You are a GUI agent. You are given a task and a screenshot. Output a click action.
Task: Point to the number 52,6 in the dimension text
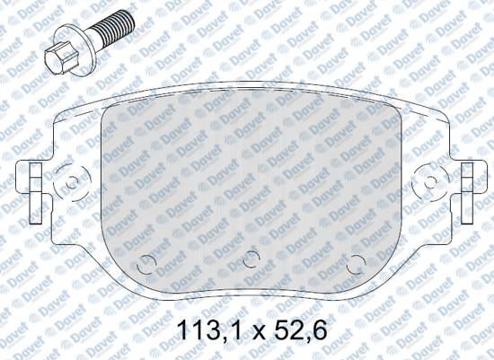301,329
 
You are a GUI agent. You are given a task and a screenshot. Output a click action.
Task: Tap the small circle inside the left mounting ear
72,182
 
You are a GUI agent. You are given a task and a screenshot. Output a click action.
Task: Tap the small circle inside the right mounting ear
430,182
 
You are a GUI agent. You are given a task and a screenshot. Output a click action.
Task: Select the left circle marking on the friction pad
146,264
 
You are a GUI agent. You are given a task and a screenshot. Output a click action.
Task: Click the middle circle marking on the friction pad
251,259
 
